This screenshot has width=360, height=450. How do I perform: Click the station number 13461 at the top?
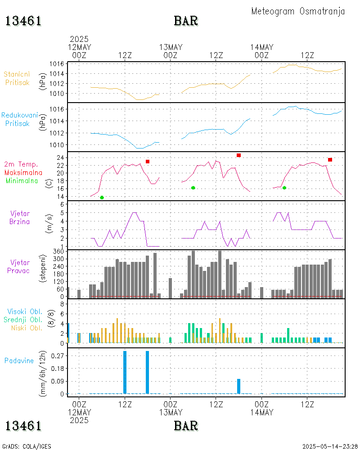tap(23, 21)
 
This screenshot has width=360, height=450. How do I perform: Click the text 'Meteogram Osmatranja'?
tap(298, 11)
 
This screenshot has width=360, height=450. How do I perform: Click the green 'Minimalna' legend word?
tap(22, 180)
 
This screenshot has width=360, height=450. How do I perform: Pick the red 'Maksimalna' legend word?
tap(23, 172)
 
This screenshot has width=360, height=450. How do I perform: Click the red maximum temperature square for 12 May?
tap(147, 162)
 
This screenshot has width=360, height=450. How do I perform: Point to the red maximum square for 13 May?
tap(238, 155)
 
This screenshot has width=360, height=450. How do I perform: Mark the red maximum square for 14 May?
tap(330, 160)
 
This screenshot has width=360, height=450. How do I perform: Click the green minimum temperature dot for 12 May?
tap(102, 198)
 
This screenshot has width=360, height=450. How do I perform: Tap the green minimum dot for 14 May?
tap(284, 188)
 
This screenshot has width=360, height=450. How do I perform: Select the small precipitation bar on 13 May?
tap(238, 386)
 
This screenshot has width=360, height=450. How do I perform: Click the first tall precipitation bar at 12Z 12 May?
tap(125, 372)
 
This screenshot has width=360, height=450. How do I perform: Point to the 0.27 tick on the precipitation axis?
tap(57, 355)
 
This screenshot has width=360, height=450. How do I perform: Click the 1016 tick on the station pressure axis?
tap(56, 63)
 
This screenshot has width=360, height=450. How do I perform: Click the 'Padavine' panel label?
tap(19, 360)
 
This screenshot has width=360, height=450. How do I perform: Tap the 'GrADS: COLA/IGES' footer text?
tap(27, 446)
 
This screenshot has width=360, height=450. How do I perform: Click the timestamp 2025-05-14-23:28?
tap(330, 446)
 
